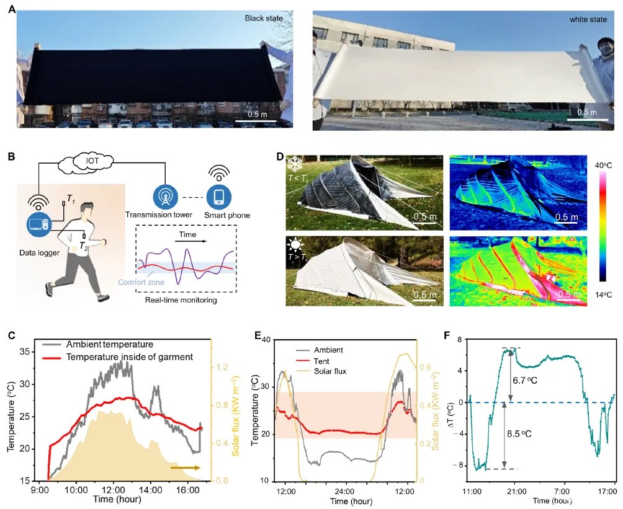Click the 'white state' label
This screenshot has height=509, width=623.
tap(586, 20)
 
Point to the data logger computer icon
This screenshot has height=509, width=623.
tap(38, 224)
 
